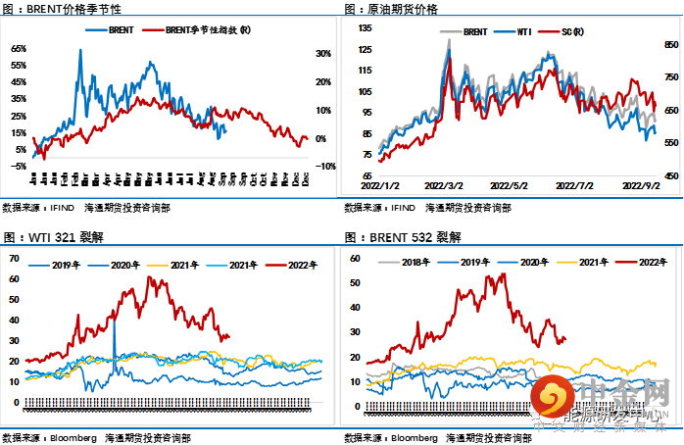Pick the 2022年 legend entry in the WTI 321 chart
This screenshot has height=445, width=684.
pyautogui.click(x=294, y=264)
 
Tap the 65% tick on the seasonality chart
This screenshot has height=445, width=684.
pyautogui.click(x=19, y=48)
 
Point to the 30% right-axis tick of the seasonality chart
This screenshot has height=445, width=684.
pyautogui.click(x=322, y=54)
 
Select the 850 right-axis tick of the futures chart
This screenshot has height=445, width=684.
pyautogui.click(x=671, y=45)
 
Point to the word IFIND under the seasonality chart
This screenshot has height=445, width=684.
pyautogui.click(x=74, y=208)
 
